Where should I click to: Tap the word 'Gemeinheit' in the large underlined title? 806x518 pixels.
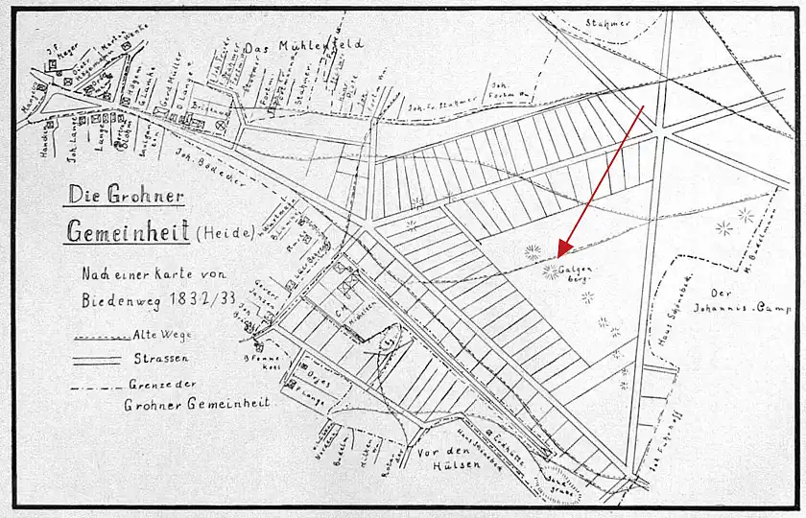(x=126, y=231)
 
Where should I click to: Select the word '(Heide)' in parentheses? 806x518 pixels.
(x=225, y=232)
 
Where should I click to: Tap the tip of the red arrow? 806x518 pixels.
(x=557, y=260)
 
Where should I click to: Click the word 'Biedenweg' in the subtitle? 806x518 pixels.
(x=122, y=298)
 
